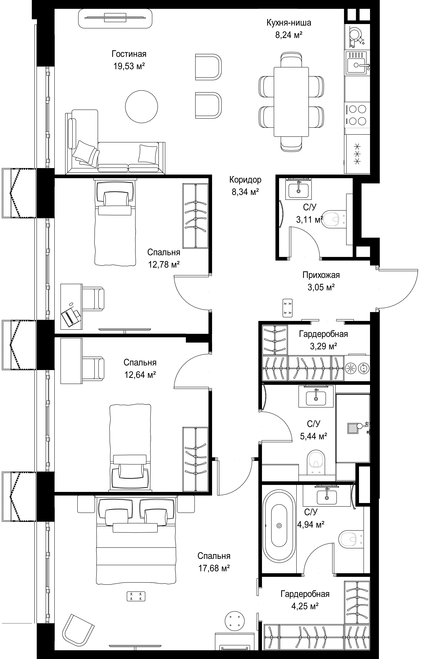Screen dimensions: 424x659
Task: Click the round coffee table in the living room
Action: (142, 106)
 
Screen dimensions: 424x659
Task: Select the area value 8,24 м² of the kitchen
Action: (289, 35)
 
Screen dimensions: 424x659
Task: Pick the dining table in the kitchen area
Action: (291, 102)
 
